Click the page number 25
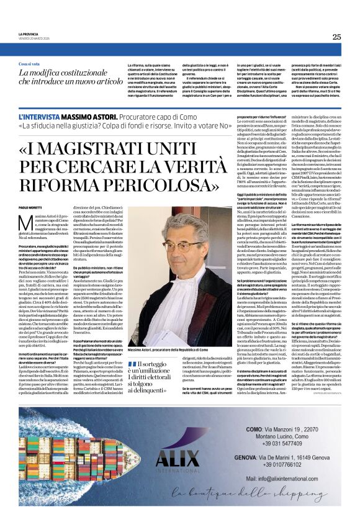point(336,37)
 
